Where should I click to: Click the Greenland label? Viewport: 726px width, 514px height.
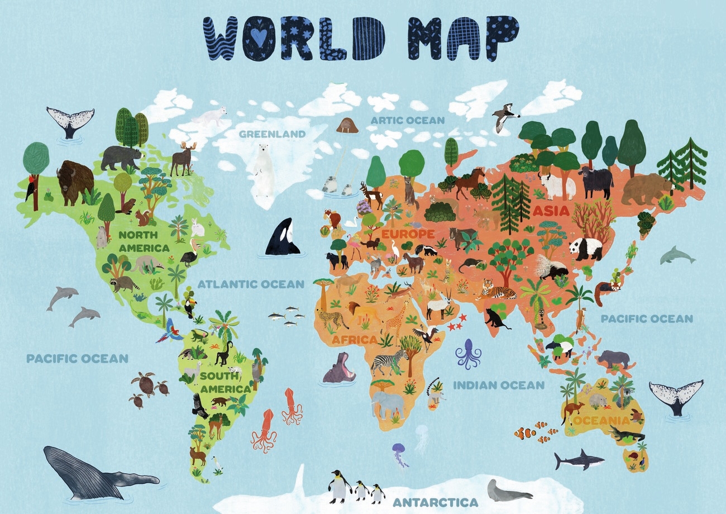[x=273, y=134]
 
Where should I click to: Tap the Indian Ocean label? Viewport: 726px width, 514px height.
[x=498, y=385]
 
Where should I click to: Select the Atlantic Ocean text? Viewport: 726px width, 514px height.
[x=251, y=284]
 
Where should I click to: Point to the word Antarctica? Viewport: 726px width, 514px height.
[x=435, y=502]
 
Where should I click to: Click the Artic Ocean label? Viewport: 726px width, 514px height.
[x=408, y=120]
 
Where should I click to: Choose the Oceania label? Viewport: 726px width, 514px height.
[x=601, y=420]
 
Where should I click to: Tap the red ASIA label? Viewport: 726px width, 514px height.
[x=551, y=211]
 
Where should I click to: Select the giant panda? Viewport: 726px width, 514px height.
[x=585, y=249]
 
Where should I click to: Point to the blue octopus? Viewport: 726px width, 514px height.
[x=467, y=353]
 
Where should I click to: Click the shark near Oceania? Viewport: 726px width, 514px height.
[x=578, y=460]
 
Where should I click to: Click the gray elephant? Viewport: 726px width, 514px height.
[x=388, y=403]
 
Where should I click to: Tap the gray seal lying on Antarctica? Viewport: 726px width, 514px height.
[x=506, y=491]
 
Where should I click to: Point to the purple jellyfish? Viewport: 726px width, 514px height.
[x=399, y=453]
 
